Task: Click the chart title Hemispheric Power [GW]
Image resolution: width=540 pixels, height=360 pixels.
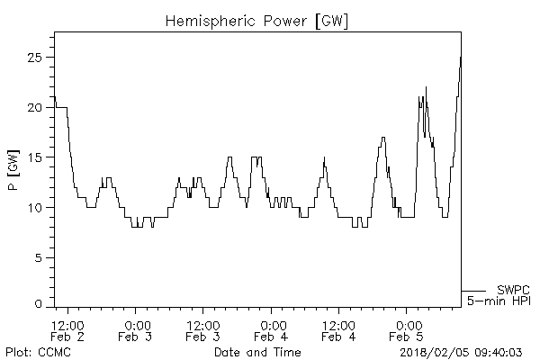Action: [x=257, y=19]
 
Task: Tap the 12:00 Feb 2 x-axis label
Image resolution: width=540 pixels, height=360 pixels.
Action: [x=68, y=330]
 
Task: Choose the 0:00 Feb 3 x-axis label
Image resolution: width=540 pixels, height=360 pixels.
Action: [x=136, y=330]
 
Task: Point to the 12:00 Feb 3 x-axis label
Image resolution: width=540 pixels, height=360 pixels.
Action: [x=203, y=330]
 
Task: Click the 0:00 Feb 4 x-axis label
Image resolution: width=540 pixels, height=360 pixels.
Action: [x=272, y=330]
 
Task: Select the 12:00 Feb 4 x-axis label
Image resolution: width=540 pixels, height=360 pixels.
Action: [x=339, y=330]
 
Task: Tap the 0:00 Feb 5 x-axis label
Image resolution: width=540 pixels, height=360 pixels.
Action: [x=408, y=330]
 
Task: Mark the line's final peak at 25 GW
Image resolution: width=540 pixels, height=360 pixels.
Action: [x=460, y=58]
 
